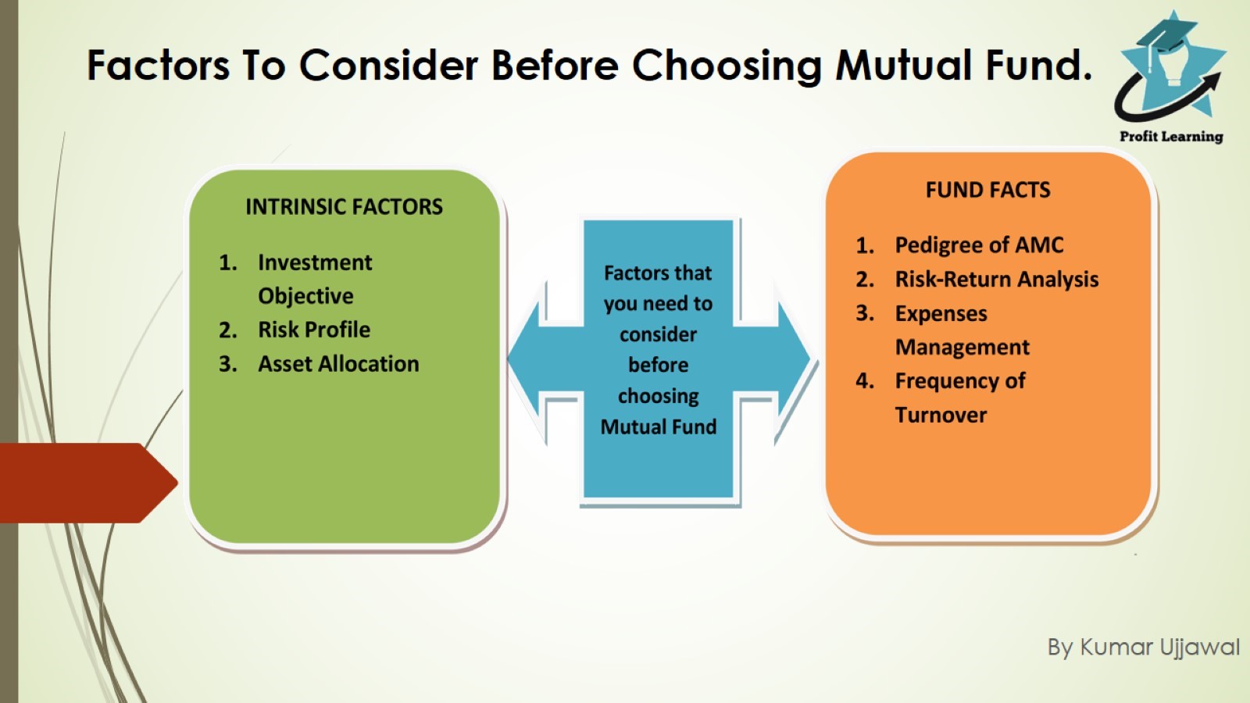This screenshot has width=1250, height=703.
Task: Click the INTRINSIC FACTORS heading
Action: click(x=344, y=207)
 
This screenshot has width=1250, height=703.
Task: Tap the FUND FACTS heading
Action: click(x=987, y=190)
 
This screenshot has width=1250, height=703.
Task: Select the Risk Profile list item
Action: click(x=314, y=330)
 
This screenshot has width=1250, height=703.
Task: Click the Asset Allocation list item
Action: click(x=338, y=364)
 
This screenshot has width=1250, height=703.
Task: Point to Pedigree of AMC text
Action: click(x=979, y=245)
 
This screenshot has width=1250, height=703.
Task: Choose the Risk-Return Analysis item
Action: click(x=996, y=280)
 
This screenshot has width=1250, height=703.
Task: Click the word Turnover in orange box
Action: click(x=941, y=415)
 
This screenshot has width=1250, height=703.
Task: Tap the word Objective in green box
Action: click(x=305, y=296)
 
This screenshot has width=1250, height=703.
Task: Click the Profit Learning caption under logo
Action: click(x=1170, y=137)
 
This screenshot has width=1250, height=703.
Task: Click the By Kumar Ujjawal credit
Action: click(x=1143, y=648)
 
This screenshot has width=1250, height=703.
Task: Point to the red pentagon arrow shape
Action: click(x=86, y=483)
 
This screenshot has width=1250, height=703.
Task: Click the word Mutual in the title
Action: click(x=904, y=66)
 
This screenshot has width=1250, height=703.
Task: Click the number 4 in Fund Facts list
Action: click(x=864, y=381)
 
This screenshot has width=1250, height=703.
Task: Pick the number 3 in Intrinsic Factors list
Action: click(x=227, y=364)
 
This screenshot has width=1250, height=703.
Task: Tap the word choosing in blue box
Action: click(x=658, y=396)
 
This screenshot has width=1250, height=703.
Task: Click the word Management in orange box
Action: click(x=962, y=347)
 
